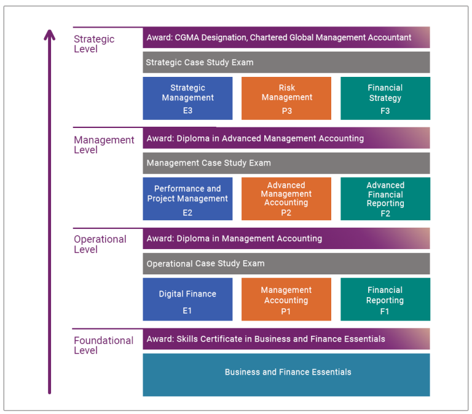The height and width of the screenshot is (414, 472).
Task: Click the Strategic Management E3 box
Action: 187,98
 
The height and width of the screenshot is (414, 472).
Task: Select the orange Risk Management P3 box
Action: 286,98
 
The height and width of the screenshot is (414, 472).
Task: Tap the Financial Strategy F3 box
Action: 385,98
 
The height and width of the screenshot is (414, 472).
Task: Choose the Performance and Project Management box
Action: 187,199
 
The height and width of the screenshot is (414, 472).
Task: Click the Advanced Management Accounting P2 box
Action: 286,199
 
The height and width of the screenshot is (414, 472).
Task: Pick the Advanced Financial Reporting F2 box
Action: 385,199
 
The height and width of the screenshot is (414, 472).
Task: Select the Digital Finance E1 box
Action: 187,300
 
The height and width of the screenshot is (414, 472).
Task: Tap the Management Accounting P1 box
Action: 286,300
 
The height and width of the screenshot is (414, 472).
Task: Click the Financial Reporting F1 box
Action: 385,300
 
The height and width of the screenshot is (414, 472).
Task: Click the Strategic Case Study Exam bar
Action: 286,62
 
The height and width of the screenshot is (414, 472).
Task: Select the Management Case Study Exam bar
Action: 286,163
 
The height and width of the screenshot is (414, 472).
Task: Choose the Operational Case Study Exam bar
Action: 286,263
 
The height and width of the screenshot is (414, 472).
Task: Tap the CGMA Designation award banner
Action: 286,38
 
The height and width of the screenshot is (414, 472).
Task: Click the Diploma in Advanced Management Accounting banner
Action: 286,138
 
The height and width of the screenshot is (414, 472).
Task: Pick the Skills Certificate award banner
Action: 286,339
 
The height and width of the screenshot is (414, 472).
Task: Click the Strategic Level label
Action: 94,44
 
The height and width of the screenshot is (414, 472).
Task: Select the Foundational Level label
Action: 103,345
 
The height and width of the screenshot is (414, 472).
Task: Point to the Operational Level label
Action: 100,244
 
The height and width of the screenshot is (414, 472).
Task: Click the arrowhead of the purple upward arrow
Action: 50,33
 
